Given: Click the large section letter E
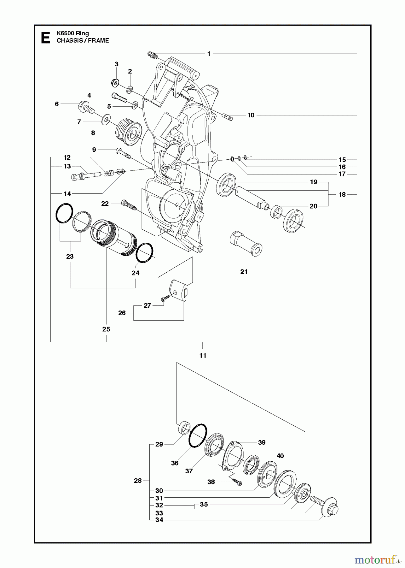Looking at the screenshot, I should [45, 38].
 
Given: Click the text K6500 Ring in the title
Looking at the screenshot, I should [73, 33].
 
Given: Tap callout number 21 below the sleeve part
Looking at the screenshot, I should [244, 271].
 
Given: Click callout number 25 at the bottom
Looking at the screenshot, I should [106, 329].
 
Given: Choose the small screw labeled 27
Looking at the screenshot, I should [164, 298].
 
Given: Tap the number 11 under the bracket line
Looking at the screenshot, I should [203, 355].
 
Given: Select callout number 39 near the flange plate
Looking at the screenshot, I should [262, 442].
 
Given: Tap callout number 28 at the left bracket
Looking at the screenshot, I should [138, 481].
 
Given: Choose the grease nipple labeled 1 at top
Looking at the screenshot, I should [153, 56].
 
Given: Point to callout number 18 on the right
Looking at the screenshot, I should [342, 194].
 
